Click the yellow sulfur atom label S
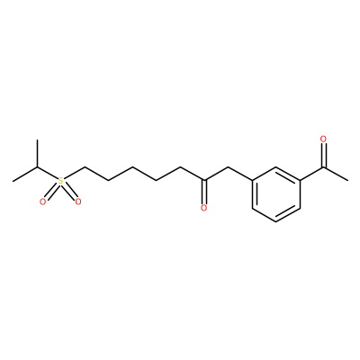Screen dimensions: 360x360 pyautogui.click(x=60, y=181)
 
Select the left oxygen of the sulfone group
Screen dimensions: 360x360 pyautogui.click(x=43, y=202)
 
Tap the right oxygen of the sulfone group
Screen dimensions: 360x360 pyautogui.click(x=78, y=202)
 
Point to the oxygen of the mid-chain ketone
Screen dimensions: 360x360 pyautogui.click(x=204, y=208)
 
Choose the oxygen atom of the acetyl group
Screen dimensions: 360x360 pyautogui.click(x=323, y=139)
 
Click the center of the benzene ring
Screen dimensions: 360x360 pyautogui.click(x=276, y=194)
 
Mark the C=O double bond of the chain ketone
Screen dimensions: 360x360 pyautogui.click(x=204, y=192)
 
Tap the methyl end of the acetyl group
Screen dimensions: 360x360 pyautogui.click(x=347, y=181)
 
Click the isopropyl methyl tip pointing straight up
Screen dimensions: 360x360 pyautogui.click(x=37, y=139)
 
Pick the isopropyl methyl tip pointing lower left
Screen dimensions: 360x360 pyautogui.click(x=13, y=181)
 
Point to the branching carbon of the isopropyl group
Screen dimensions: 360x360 pyautogui.click(x=37, y=167)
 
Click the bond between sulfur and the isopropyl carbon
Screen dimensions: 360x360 pyautogui.click(x=47, y=173)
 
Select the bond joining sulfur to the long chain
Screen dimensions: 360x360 pyautogui.click(x=74, y=173)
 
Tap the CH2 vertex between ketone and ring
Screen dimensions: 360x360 pyautogui.click(x=228, y=167)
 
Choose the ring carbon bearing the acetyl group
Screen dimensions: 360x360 pyautogui.click(x=300, y=181)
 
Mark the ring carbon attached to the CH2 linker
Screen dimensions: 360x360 pyautogui.click(x=252, y=181)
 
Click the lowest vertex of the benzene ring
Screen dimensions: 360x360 pyautogui.click(x=276, y=222)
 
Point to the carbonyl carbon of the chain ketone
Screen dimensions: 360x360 pyautogui.click(x=204, y=181)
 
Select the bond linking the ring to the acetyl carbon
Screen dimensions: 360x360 pyautogui.click(x=311, y=174)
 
